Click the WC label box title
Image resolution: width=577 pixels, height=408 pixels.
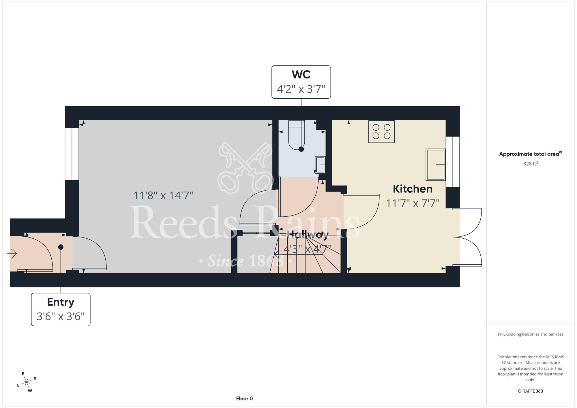pyautogui.click(x=301, y=74)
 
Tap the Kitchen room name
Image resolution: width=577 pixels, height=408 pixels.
pyautogui.click(x=413, y=189)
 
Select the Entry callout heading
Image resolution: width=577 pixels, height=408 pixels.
pyautogui.click(x=61, y=302)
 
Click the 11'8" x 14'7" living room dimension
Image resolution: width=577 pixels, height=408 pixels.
pyautogui.click(x=163, y=196)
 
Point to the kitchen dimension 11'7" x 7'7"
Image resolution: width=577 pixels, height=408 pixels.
pyautogui.click(x=413, y=203)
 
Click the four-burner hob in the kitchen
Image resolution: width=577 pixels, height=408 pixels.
pyautogui.click(x=381, y=132)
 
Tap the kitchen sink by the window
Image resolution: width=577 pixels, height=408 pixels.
pyautogui.click(x=436, y=164)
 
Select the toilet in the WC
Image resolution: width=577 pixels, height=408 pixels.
pyautogui.click(x=297, y=135)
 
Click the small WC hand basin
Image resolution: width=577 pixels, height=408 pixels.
pyautogui.click(x=320, y=165)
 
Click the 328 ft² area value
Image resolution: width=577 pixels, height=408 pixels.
pyautogui.click(x=530, y=164)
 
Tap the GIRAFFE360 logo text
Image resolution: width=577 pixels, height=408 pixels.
pyautogui.click(x=530, y=391)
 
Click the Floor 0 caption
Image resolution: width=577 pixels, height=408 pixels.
pyautogui.click(x=244, y=398)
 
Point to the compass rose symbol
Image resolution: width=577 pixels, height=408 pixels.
pyautogui.click(x=26, y=382)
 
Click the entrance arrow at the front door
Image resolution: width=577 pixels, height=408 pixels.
pyautogui.click(x=12, y=254)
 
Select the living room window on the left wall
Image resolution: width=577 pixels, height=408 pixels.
pyautogui.click(x=72, y=154)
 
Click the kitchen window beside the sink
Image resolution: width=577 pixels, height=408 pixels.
pyautogui.click(x=453, y=162)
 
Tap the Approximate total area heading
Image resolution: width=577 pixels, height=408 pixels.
pyautogui.click(x=530, y=154)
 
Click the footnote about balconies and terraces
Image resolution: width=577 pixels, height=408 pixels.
pyautogui.click(x=530, y=334)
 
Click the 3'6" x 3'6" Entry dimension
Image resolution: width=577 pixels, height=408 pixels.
pyautogui.click(x=61, y=317)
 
